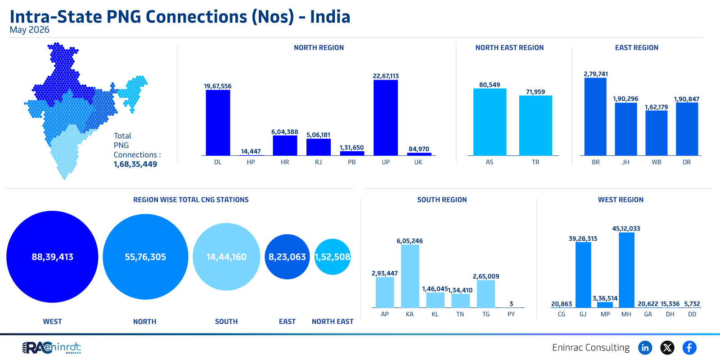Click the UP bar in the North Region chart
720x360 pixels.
tap(385, 117)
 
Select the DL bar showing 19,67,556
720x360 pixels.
tap(218, 123)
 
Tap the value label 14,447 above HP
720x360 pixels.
tap(251, 151)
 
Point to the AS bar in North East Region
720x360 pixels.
tap(490, 122)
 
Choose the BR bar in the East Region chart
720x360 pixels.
tap(595, 117)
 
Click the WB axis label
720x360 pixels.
tap(657, 162)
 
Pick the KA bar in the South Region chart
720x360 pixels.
tap(410, 276)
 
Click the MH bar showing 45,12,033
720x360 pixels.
tap(626, 270)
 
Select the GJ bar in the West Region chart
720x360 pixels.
tap(583, 275)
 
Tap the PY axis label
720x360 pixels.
tap(511, 314)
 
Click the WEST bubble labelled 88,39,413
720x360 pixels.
tap(52, 256)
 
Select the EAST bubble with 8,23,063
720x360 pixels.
tap(287, 256)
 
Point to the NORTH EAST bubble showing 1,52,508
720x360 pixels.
tap(333, 256)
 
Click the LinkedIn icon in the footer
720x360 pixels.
tap(645, 347)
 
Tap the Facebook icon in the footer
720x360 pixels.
tap(689, 347)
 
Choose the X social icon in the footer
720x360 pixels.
tap(667, 347)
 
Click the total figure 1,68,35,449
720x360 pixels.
tap(135, 164)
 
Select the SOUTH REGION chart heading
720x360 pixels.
tap(442, 200)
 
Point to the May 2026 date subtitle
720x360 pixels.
tap(30, 30)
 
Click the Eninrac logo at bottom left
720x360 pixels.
tap(51, 348)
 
